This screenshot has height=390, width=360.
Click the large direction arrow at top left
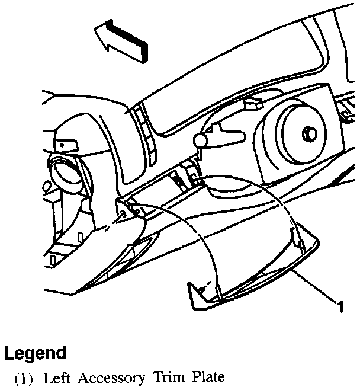click(x=121, y=41)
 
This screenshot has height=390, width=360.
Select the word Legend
click(x=35, y=354)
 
